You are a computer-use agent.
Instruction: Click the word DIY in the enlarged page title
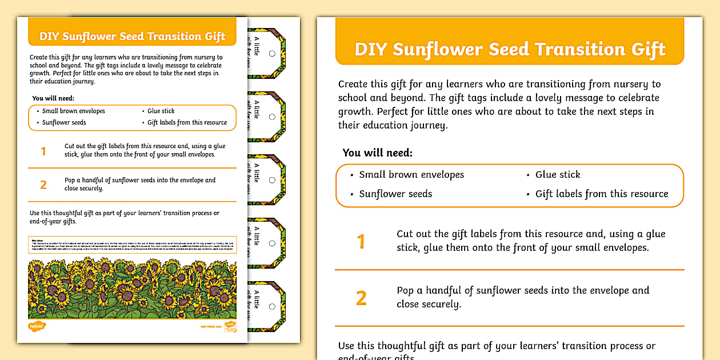[371, 49]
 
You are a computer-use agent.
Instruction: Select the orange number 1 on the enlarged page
[361, 242]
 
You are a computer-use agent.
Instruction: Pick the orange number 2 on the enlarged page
[361, 298]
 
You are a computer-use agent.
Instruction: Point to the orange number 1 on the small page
[43, 151]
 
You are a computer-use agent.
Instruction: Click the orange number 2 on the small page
[43, 185]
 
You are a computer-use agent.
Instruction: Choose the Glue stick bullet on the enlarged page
[557, 175]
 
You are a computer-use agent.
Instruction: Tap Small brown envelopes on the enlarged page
[411, 175]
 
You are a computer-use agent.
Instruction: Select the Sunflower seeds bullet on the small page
[64, 123]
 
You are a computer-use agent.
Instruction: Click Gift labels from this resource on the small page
[187, 123]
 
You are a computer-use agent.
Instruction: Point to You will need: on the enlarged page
[377, 153]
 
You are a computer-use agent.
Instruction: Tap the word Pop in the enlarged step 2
[405, 290]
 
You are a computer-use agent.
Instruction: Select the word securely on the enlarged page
[440, 305]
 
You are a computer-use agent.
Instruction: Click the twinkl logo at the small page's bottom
[37, 326]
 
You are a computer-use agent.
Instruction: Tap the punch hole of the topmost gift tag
[272, 53]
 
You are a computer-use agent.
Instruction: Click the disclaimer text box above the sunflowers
[132, 243]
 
